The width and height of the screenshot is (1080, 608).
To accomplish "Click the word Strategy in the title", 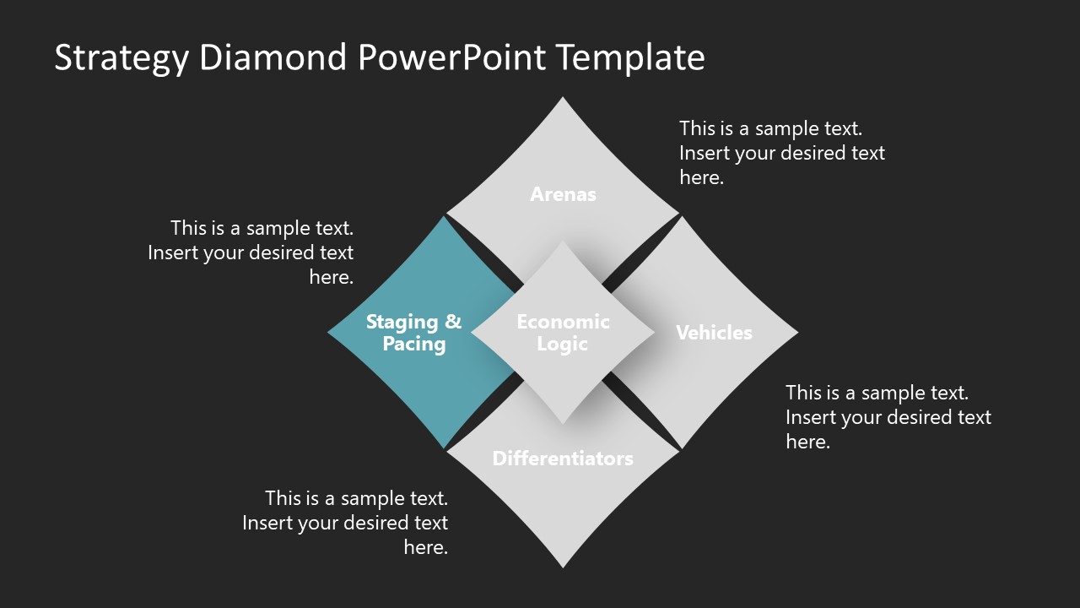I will pyautogui.click(x=121, y=58).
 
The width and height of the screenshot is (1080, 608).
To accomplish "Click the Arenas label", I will pyautogui.click(x=563, y=194).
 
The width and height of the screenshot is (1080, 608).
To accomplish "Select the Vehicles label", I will pyautogui.click(x=714, y=333).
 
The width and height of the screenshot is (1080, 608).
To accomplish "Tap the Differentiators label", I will pyautogui.click(x=563, y=459).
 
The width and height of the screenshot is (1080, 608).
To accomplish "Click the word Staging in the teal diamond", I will pyautogui.click(x=402, y=322).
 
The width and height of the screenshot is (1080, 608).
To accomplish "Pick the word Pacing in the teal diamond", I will pyautogui.click(x=414, y=345).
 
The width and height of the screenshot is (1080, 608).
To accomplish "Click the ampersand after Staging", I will pyautogui.click(x=453, y=322).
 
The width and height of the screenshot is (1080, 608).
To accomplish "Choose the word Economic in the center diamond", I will pyautogui.click(x=563, y=322).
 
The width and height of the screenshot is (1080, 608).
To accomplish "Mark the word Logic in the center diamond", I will pyautogui.click(x=563, y=345).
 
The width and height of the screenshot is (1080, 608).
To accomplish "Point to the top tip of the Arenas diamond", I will pyautogui.click(x=563, y=100).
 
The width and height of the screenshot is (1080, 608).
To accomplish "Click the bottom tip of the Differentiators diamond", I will pyautogui.click(x=563, y=565).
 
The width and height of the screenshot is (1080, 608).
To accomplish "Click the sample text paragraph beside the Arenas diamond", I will pyautogui.click(x=782, y=153).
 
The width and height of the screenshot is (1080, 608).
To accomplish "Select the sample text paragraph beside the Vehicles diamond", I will pyautogui.click(x=888, y=416).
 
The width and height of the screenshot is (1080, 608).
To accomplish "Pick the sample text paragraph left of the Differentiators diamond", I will pyautogui.click(x=345, y=522).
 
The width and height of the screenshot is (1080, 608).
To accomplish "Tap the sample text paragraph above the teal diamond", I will pyautogui.click(x=251, y=252).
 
